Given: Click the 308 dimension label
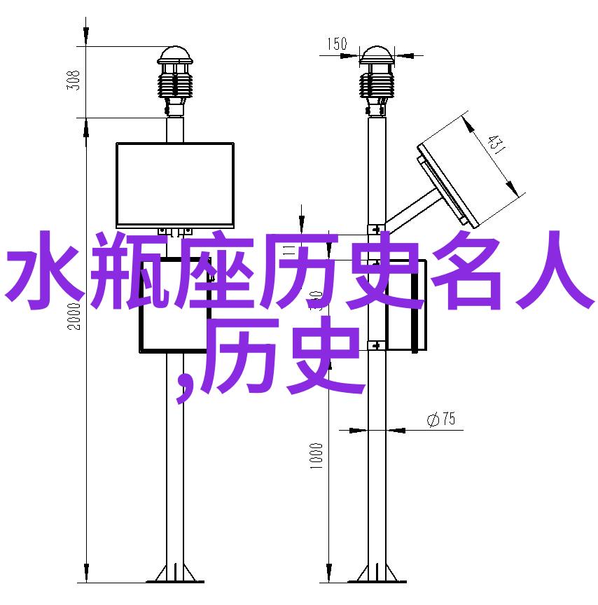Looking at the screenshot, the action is [74, 81].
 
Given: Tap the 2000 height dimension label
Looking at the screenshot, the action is [74, 317].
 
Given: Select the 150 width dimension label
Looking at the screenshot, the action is [337, 43].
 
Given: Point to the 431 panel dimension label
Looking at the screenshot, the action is [495, 144].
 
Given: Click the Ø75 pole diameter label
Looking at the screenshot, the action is [441, 419].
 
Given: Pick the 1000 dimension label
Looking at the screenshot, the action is [316, 456].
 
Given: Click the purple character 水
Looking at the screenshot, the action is [45, 270].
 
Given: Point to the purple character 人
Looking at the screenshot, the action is [552, 270].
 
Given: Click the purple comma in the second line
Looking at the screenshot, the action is [184, 386].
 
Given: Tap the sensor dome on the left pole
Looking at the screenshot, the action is [175, 55].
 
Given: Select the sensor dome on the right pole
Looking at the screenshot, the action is [377, 55].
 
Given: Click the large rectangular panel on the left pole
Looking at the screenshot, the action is [175, 185].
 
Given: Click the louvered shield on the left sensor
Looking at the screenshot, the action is [175, 85].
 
